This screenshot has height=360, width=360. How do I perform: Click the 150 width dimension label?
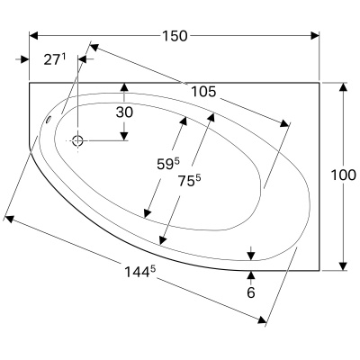click(175, 36)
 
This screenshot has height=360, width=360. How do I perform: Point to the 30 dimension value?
click(124, 112)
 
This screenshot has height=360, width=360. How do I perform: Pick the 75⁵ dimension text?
click(189, 179)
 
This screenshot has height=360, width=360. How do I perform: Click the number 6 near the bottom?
click(251, 293)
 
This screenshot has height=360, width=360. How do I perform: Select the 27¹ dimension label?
click(56, 59)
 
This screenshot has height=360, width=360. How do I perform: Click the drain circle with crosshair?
click(77, 139)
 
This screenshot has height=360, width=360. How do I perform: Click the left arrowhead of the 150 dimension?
click(33, 36)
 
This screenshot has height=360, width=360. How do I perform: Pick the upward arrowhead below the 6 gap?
click(251, 273)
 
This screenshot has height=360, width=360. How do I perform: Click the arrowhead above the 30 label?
click(124, 87)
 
